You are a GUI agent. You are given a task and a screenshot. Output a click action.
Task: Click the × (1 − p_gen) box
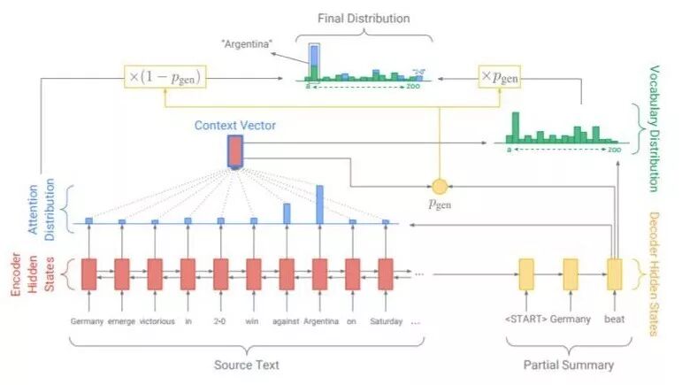[165, 77]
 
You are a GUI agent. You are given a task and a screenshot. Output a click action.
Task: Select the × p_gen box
[499, 77]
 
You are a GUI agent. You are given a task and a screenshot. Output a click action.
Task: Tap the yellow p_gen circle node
[439, 186]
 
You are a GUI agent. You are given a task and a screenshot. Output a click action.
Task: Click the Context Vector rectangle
[234, 151]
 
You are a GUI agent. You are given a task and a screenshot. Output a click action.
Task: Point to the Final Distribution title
[364, 18]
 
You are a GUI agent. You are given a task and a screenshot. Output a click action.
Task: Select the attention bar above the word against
[287, 212]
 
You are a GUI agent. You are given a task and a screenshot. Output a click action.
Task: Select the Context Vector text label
[235, 126]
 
